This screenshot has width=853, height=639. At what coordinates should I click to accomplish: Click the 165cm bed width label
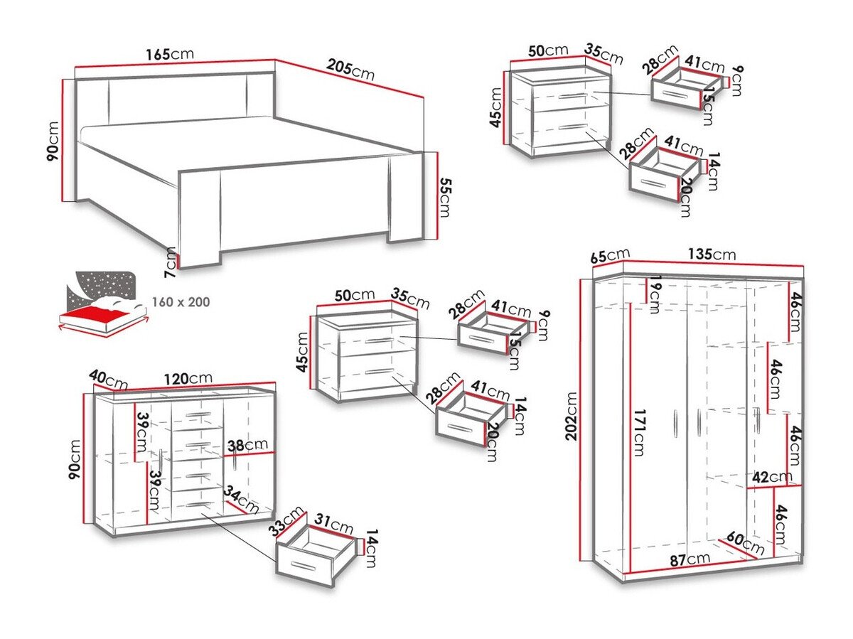tap(169, 54)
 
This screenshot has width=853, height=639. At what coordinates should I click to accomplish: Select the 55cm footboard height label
tap(445, 197)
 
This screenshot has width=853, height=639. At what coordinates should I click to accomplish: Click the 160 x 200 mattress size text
tap(181, 302)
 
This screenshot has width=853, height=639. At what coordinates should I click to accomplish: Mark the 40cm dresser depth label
tap(108, 380)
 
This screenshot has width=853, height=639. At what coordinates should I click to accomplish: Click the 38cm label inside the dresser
tap(245, 446)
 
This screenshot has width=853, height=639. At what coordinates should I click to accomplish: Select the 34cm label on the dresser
tap(242, 499)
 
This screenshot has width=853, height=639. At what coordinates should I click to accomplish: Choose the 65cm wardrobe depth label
tap(611, 254)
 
